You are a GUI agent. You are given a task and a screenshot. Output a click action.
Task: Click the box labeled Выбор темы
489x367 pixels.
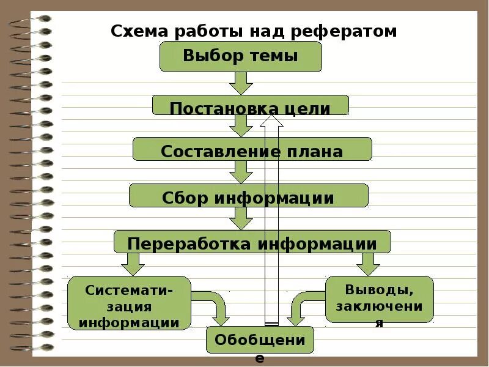(x=240, y=56)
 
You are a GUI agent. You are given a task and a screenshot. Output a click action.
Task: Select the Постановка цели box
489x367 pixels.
(x=250, y=105)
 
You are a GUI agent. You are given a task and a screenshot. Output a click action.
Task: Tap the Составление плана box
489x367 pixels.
(x=252, y=149)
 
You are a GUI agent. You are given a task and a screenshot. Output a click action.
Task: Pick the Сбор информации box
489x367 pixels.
(x=248, y=196)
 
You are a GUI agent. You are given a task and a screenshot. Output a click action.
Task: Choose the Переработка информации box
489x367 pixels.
(x=252, y=242)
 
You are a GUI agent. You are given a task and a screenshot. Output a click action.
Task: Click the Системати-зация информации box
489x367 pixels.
(x=129, y=303)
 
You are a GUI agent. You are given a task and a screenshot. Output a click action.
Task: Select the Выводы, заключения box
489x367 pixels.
(x=379, y=299)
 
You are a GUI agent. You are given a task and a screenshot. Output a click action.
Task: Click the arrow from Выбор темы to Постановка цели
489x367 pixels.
(x=241, y=83)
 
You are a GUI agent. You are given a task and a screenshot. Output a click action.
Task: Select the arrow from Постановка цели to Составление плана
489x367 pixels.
(x=241, y=125)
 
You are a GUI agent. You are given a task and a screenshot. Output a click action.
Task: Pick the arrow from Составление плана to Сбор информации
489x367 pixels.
(x=241, y=172)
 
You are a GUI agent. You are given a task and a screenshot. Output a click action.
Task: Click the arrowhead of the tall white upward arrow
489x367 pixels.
(x=271, y=120)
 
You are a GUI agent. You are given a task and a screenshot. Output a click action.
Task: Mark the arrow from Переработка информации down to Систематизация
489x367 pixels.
(x=132, y=264)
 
